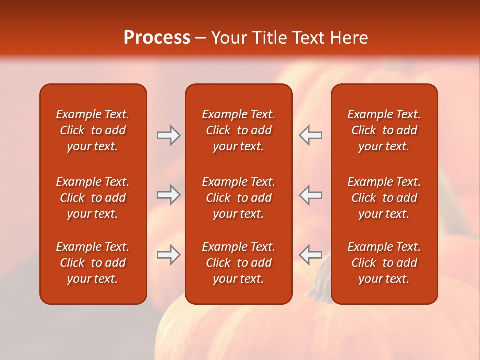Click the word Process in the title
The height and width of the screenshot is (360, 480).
pyautogui.click(x=157, y=38)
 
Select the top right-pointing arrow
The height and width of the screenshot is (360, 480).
pyautogui.click(x=168, y=135)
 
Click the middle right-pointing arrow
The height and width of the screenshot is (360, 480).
pyautogui.click(x=168, y=195)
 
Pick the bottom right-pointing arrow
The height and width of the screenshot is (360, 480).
pyautogui.click(x=168, y=255)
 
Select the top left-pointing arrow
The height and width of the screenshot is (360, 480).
pyautogui.click(x=311, y=135)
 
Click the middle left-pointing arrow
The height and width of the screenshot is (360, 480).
pyautogui.click(x=311, y=195)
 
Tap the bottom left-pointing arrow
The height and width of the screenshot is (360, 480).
pyautogui.click(x=311, y=255)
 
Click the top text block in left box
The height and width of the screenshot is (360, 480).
pyautogui.click(x=93, y=130)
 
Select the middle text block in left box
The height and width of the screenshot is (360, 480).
pyautogui.click(x=93, y=198)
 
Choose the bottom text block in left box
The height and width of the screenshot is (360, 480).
pyautogui.click(x=93, y=263)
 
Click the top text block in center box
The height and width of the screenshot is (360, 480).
pyautogui.click(x=238, y=130)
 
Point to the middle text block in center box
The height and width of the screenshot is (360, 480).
pyautogui.click(x=238, y=198)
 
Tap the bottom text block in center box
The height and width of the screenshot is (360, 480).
pyautogui.click(x=238, y=263)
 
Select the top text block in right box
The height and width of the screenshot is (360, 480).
pyautogui.click(x=384, y=130)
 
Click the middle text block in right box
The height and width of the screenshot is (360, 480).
pyautogui.click(x=384, y=198)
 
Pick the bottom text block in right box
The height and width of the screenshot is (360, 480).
pyautogui.click(x=384, y=263)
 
